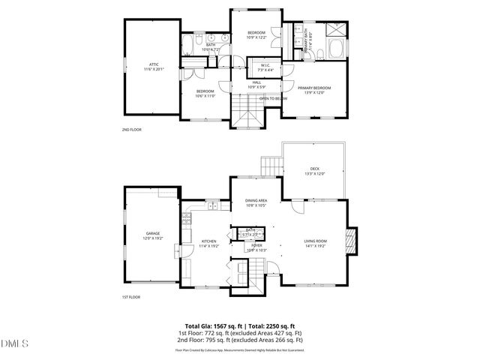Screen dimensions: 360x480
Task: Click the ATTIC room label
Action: coord(152,65)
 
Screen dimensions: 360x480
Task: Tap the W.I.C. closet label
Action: coord(256,67)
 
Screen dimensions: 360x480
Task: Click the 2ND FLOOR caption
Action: coord(131,130)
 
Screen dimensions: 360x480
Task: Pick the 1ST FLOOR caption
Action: coord(131,297)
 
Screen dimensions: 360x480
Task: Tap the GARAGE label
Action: coord(153,235)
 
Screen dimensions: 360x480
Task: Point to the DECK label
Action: coord(314,170)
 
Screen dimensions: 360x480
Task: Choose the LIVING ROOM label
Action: coord(314,243)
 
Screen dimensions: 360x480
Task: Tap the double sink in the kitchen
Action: coord(212,205)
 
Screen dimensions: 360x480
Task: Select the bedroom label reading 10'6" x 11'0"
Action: coord(205,93)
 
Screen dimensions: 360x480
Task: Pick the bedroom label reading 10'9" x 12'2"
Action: coord(257,35)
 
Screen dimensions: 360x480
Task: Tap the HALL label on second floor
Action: coord(256,84)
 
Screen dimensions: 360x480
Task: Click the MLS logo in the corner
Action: coord(13,344)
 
